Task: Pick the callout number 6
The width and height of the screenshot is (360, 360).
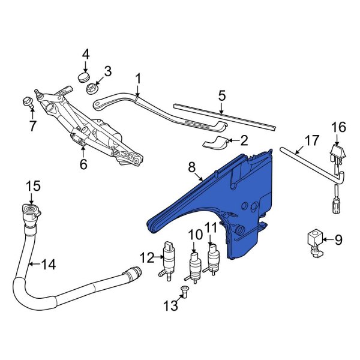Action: click(83, 164)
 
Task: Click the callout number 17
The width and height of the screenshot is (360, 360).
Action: click(311, 141)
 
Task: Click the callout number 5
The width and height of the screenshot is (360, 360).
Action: click(221, 95)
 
